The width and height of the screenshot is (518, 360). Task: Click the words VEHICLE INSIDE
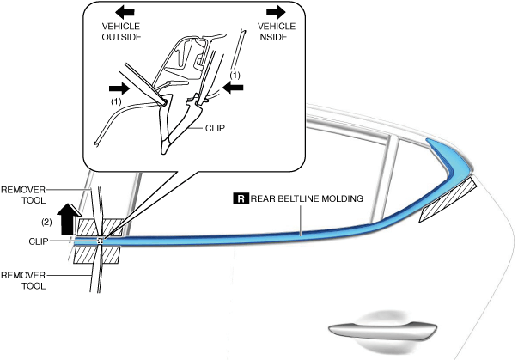[277, 32]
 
